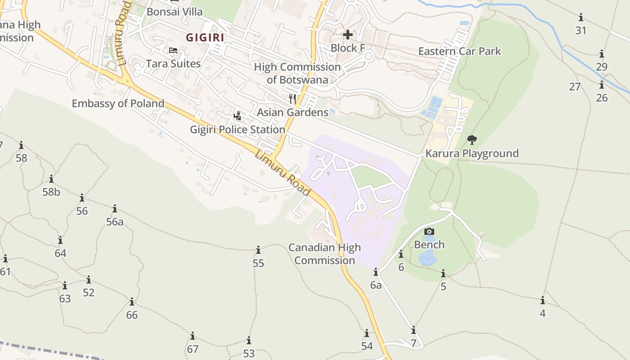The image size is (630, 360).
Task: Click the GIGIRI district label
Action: tap(205, 37)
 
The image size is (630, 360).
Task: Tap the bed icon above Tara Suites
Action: tap(173, 50)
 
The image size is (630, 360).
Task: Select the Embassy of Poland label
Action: tap(118, 103)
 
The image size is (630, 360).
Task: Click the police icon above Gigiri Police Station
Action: tap(237, 117)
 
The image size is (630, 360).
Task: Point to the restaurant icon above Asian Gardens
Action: tap(292, 99)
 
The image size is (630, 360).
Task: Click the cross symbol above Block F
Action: tap(347, 34)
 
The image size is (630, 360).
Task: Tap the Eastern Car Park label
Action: tap(459, 51)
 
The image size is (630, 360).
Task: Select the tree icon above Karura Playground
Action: tap(472, 140)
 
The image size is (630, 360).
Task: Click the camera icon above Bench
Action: tap(429, 232)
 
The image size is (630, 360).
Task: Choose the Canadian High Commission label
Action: tap(324, 254)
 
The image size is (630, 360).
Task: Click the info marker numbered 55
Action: tap(258, 250)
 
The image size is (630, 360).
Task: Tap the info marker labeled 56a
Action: tap(115, 208)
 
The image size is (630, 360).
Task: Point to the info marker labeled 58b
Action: tap(51, 179)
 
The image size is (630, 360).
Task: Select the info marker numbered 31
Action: tap(581, 17)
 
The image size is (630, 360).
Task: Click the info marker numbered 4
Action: tap(543, 300)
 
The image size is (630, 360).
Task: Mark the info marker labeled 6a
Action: tap(376, 272)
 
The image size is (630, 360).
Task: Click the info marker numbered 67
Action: tap(193, 336)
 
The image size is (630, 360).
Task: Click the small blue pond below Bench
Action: tap(427, 259)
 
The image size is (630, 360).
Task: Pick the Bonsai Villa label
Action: tap(175, 12)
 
